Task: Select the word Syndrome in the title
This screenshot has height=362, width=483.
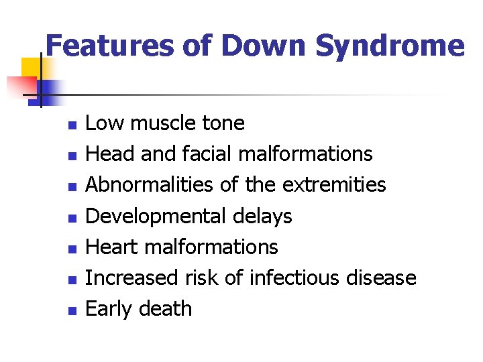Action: pos(389,46)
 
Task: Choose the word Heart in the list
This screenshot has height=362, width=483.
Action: pos(111,247)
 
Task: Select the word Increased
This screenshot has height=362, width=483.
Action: pos(130,278)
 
